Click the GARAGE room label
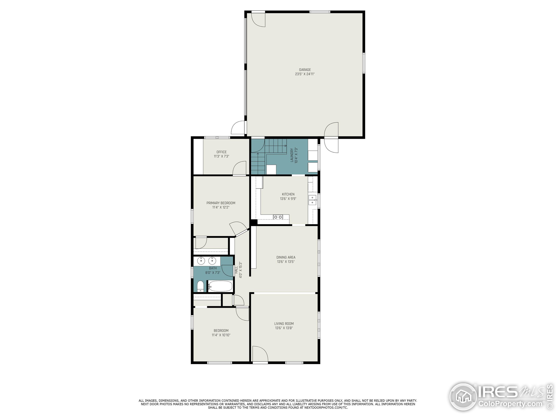point(305,70)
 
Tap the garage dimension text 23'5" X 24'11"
point(305,74)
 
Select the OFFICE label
point(222,152)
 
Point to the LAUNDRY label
point(292,155)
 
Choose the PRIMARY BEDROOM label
point(221,203)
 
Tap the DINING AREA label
point(286,257)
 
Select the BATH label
point(213,268)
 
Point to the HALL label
point(236,270)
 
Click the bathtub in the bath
point(220,286)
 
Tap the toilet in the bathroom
point(200,286)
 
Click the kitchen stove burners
point(278,217)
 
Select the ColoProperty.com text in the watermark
point(510,404)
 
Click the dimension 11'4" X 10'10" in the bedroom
point(221,335)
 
